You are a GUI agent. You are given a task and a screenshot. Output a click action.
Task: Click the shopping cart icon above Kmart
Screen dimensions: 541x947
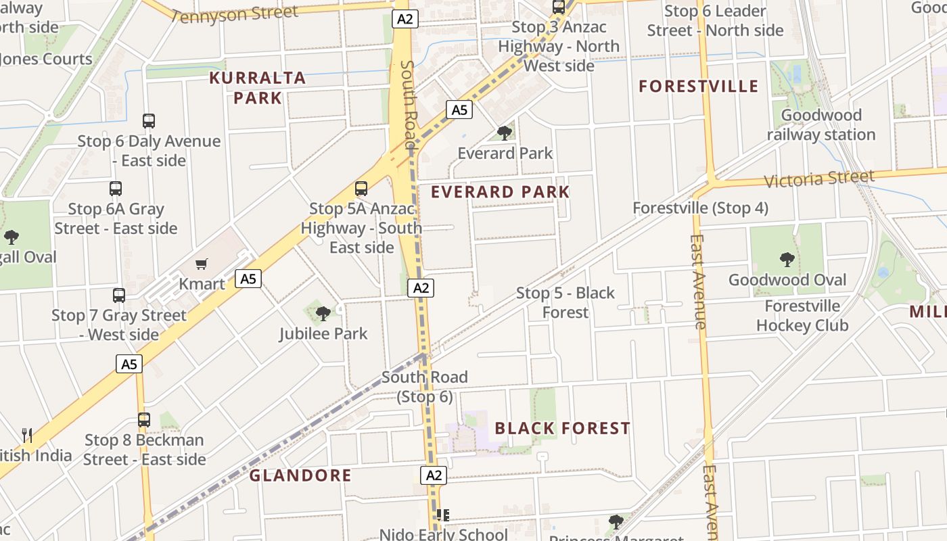pos(201,264)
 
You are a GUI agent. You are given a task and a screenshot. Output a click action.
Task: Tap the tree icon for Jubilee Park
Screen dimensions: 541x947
pos(323,312)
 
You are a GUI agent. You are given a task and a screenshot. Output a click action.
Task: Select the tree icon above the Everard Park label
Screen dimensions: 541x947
pos(504,133)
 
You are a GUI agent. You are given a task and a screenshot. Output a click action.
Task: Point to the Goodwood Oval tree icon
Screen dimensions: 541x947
pos(786,259)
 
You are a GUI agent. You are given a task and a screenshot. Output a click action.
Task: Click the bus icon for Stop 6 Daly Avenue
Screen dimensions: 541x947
pos(149,121)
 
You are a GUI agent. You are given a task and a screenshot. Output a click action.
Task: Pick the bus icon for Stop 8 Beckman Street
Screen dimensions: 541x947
pos(144,419)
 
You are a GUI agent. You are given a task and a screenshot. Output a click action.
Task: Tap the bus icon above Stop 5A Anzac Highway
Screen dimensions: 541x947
pos(361,189)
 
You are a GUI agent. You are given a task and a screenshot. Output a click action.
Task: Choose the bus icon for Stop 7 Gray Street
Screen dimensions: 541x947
pos(119,295)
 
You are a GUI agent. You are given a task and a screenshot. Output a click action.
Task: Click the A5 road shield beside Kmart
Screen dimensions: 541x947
pos(248,278)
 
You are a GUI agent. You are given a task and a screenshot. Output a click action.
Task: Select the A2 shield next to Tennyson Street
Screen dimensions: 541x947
pos(405,19)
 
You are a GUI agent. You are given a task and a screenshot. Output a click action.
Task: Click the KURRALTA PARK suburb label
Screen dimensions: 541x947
pos(257,88)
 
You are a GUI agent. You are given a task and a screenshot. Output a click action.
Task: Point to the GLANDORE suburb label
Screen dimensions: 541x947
pos(300,475)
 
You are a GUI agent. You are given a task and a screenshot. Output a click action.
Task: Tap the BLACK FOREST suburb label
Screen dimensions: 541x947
pos(562,428)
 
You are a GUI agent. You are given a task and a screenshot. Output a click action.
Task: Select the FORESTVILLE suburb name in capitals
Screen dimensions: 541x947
pos(699,87)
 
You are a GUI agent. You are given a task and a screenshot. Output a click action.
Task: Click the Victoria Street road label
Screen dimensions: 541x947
pos(819,179)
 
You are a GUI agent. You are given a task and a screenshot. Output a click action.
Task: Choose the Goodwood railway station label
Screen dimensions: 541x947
pos(821,124)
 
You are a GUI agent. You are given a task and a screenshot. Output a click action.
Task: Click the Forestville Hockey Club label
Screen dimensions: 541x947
pos(802,316)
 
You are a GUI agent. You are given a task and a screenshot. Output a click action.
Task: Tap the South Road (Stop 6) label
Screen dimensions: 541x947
pos(424,386)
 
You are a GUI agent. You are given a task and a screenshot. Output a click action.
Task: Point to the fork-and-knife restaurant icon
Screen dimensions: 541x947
pos(27,435)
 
